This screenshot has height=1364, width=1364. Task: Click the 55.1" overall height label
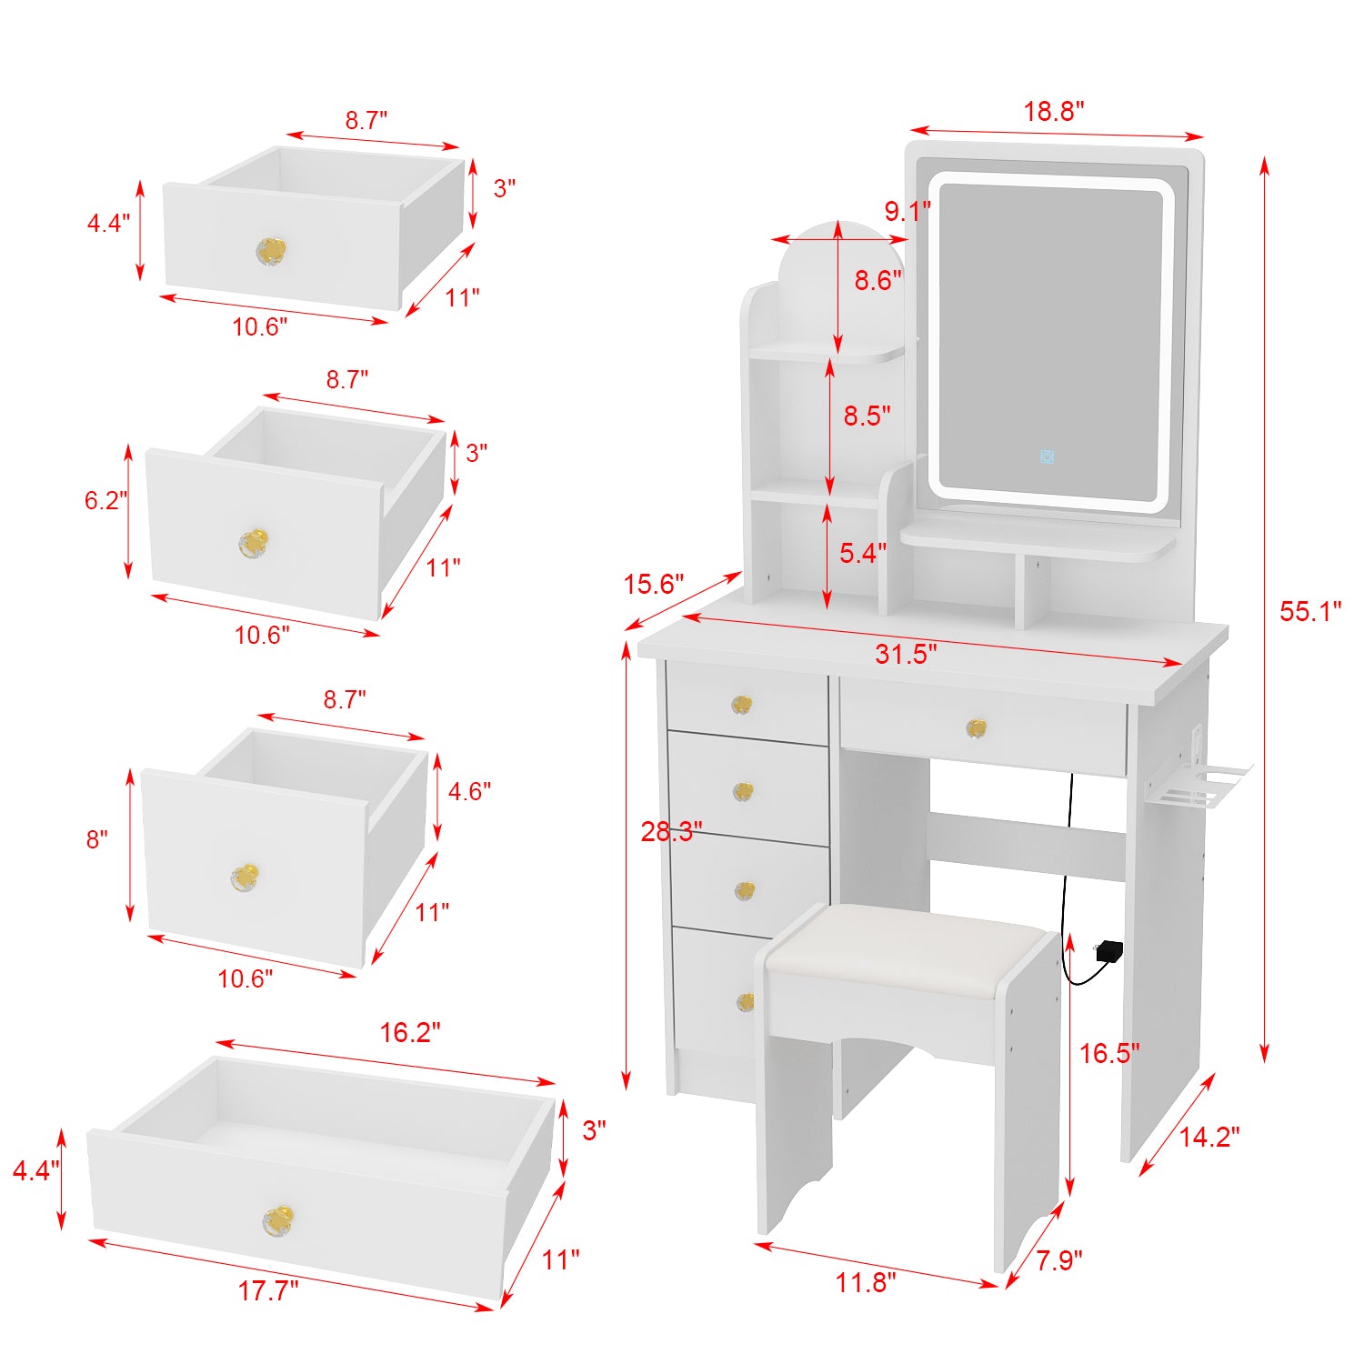[1309, 612]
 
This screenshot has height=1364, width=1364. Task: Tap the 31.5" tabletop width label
[906, 653]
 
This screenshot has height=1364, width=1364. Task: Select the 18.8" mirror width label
[1054, 111]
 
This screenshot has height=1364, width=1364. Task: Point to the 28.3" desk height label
[671, 831]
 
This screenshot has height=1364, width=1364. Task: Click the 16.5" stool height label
[1108, 1053]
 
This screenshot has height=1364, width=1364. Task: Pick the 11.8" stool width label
[866, 1282]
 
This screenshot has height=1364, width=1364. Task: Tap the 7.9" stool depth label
[1058, 1260]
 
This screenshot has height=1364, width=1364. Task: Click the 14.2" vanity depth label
[1209, 1137]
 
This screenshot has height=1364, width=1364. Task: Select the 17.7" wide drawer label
[267, 1290]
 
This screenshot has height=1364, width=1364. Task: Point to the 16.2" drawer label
[409, 1032]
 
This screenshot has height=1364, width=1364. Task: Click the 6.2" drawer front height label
[105, 500]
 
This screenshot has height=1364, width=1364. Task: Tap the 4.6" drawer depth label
[469, 791]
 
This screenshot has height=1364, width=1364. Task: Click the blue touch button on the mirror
[1047, 456]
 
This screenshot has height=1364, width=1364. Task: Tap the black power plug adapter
[1109, 951]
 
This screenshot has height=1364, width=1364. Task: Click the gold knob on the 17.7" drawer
[277, 1219]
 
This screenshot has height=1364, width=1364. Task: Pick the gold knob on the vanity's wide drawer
[976, 727]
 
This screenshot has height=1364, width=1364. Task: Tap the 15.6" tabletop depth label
[653, 584]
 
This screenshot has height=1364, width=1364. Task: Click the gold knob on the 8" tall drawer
[244, 878]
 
